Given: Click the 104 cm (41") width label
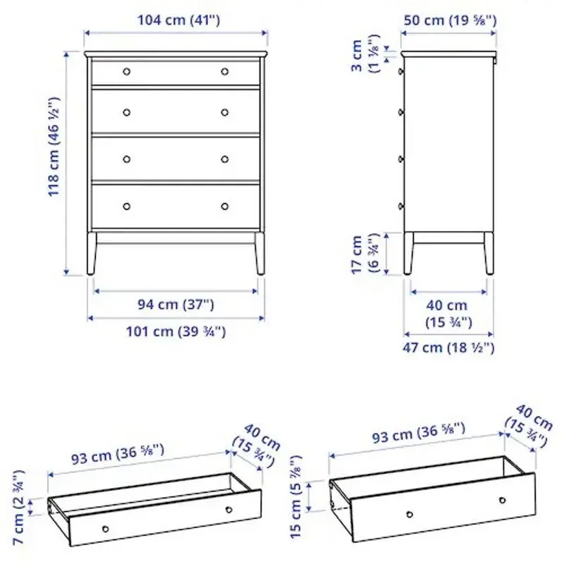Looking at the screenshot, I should (x=176, y=20).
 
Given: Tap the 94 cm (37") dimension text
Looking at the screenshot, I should (x=176, y=305).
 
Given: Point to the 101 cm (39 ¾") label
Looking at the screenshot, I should (x=176, y=331).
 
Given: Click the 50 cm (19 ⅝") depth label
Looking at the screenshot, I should (x=450, y=20).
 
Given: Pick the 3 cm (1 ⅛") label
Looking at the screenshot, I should (x=364, y=57).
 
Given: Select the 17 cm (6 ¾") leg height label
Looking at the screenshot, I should (x=364, y=255).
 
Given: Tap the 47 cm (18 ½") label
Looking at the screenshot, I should (x=449, y=348).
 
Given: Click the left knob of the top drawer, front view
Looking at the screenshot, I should (x=127, y=71).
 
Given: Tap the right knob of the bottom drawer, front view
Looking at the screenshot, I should (x=225, y=207).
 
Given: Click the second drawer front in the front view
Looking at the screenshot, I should (x=176, y=111).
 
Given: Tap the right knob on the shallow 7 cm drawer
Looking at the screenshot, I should (x=228, y=510).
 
